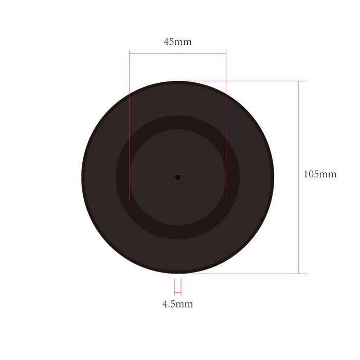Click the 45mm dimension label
177,42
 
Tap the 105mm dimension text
320,174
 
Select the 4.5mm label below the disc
177,304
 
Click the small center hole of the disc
177,177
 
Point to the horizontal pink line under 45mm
177,53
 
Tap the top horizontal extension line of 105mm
242,81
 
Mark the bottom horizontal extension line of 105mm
242,274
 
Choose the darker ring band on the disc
177,122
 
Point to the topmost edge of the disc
177,82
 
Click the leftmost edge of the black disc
82,177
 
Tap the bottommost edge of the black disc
177,273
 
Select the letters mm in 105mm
328,174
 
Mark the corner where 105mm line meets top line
299,81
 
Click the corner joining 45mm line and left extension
130,53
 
